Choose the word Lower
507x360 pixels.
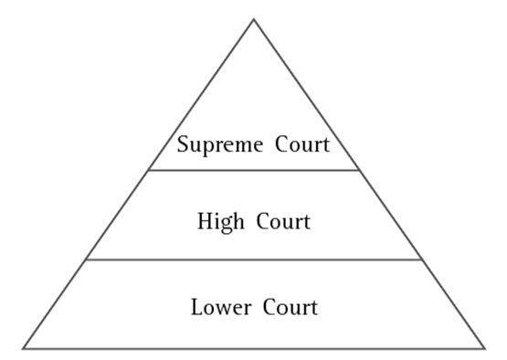click(218, 306)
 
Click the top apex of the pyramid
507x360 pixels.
click(254, 19)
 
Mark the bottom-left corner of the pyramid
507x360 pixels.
click(23, 348)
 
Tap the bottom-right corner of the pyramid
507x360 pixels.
click(484, 348)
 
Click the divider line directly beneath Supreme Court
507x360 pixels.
click(254, 170)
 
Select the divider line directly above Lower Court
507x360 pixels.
click(254, 259)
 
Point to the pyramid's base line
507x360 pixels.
click(254, 348)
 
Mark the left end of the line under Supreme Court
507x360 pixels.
click(148, 170)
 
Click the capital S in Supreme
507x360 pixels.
click(183, 143)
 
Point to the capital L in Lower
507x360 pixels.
click(196, 306)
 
